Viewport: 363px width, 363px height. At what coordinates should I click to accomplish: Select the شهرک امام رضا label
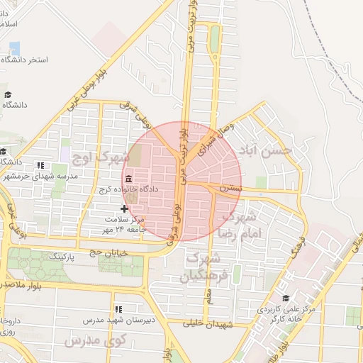[242, 223]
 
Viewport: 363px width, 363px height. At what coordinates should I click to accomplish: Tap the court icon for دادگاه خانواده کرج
[128, 178]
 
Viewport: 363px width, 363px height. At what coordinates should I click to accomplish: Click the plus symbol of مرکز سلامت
[125, 208]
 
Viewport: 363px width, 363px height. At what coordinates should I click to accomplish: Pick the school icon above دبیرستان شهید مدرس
[118, 309]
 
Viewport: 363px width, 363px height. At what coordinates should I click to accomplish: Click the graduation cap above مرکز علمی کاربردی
[286, 298]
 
